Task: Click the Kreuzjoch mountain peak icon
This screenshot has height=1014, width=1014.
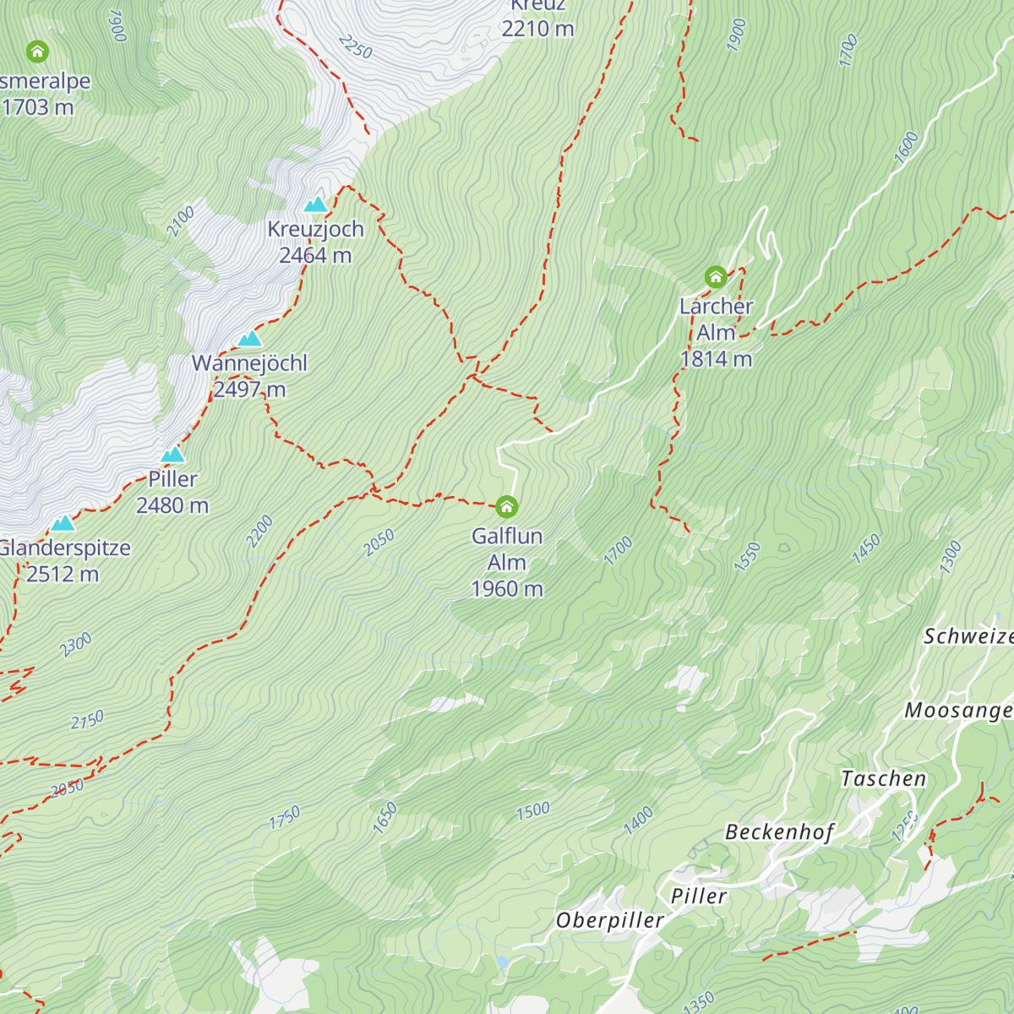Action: [315, 204]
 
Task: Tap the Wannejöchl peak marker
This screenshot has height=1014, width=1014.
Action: [249, 339]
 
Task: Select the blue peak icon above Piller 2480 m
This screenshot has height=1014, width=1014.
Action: [172, 455]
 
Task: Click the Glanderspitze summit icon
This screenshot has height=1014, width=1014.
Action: [63, 523]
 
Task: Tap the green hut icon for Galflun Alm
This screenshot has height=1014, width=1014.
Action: [506, 506]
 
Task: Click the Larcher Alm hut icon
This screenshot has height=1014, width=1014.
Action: [716, 276]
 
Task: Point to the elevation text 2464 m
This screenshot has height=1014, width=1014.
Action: [315, 255]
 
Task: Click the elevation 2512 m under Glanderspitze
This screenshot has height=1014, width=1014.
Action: [63, 575]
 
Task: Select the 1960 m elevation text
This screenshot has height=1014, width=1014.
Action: [506, 589]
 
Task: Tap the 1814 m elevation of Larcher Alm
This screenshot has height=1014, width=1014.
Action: [716, 359]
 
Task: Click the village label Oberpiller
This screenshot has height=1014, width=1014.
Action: [609, 920]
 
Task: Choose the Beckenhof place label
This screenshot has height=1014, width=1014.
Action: [779, 832]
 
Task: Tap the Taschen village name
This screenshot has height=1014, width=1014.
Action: [883, 779]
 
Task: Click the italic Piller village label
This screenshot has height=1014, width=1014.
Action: [698, 896]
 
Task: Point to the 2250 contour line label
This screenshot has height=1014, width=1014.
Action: [355, 46]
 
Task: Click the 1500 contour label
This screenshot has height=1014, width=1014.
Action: [533, 811]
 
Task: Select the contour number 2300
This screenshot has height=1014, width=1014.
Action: [75, 645]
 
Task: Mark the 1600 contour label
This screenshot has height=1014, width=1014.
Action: [905, 149]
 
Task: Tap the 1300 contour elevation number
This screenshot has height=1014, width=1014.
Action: [950, 558]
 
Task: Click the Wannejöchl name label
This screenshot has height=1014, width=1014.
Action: [249, 363]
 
